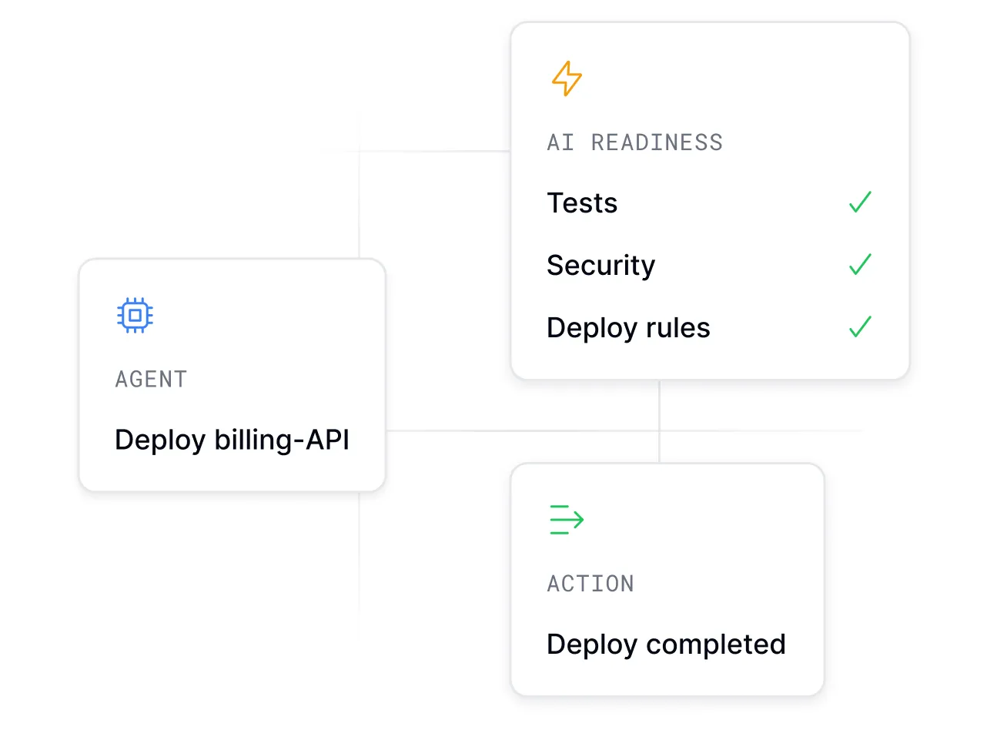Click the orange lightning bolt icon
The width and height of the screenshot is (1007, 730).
[567, 79]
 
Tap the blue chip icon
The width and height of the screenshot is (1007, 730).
[135, 315]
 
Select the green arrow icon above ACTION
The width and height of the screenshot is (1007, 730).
[567, 520]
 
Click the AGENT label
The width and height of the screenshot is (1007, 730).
[151, 380]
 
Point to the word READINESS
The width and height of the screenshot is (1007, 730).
[657, 142]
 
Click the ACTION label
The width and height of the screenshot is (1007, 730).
[590, 584]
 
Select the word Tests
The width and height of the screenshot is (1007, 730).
[582, 203]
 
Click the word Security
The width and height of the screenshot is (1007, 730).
[601, 266]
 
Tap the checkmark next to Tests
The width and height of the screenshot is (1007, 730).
[860, 202]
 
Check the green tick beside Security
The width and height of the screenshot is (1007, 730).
[860, 264]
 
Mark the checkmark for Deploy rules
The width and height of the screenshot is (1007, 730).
[860, 326]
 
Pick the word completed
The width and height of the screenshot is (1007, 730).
[715, 645]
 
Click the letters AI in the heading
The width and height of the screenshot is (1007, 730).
[560, 142]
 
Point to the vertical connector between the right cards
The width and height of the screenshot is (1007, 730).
[660, 421]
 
